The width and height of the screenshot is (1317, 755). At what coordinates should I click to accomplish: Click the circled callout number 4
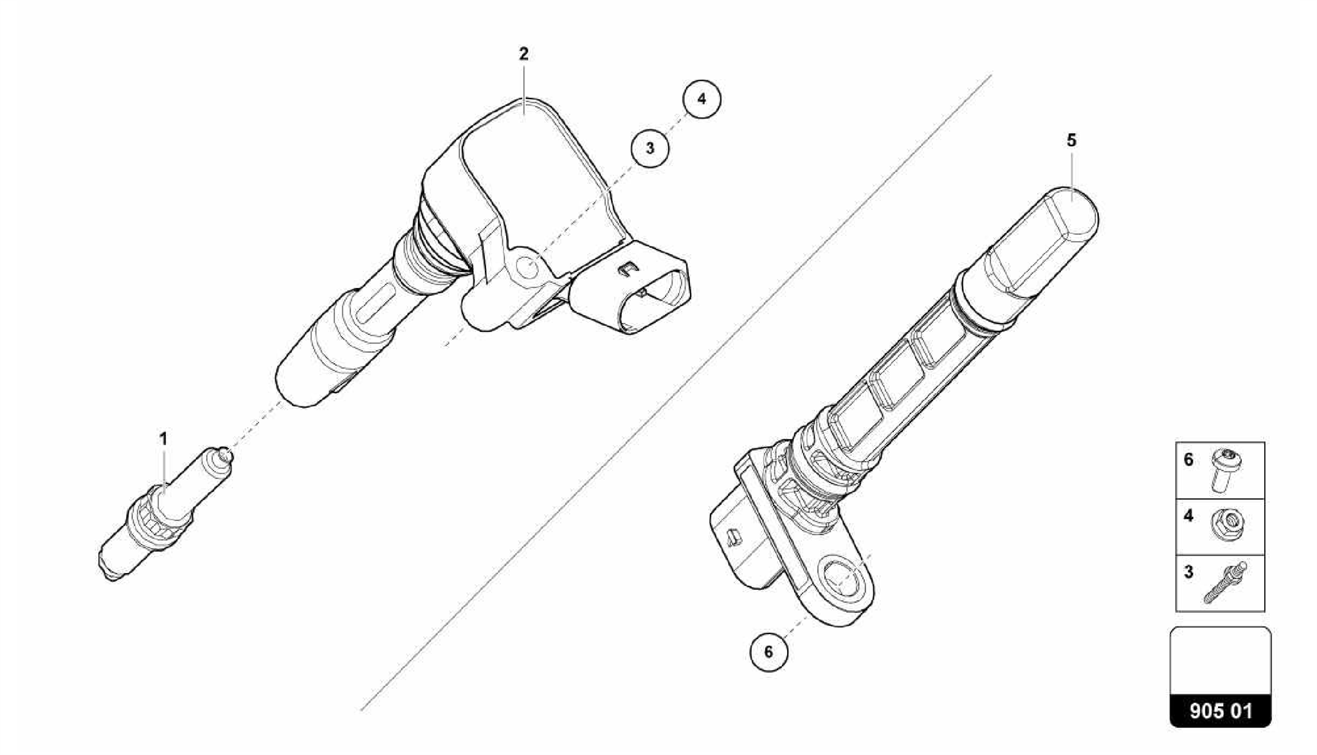(701, 99)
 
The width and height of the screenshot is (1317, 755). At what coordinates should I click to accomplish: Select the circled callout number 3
(649, 148)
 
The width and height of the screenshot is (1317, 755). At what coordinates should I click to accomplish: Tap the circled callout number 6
(768, 652)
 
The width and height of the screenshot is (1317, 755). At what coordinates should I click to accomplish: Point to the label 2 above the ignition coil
(523, 54)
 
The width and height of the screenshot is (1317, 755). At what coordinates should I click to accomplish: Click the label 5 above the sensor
(1071, 140)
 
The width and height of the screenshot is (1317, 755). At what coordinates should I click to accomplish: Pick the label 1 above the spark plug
(163, 439)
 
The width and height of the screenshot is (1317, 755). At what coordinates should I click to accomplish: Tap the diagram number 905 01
(1220, 711)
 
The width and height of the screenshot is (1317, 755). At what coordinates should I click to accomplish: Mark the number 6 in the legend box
(1188, 460)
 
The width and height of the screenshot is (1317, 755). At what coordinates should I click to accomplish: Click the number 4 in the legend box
(1188, 515)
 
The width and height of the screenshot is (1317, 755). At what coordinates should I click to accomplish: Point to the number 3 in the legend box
(1188, 572)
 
